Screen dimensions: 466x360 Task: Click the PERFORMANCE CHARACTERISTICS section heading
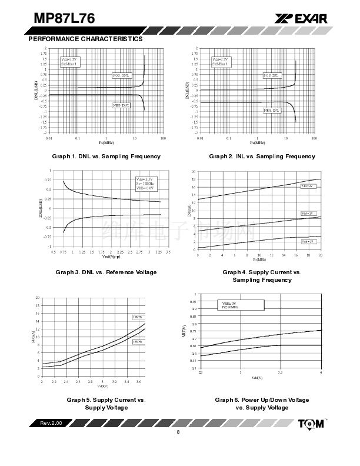[85, 39]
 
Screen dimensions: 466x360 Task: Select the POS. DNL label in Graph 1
[122, 76]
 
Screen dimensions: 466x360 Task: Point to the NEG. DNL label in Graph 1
[122, 105]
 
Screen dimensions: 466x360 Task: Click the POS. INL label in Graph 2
[272, 76]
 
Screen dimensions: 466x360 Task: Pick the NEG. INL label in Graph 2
[272, 110]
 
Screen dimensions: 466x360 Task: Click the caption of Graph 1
[106, 157]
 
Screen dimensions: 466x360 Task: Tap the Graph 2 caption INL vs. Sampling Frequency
[262, 157]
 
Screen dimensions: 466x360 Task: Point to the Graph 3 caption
[106, 272]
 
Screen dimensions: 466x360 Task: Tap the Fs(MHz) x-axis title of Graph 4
[259, 259]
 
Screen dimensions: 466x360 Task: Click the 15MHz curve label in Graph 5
[137, 318]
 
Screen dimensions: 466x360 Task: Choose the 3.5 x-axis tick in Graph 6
[280, 372]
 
